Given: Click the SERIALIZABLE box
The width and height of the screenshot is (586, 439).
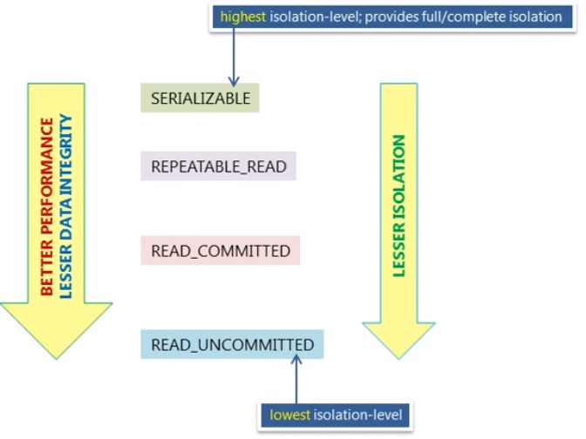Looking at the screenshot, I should [x=201, y=98].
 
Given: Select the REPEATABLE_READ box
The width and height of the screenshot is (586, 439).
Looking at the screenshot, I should [x=219, y=165].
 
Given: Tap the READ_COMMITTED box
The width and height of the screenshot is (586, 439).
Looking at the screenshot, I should [x=221, y=251].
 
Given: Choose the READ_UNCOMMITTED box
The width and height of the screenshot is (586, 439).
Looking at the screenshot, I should [x=233, y=345].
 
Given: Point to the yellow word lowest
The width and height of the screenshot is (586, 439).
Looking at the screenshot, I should [x=290, y=415].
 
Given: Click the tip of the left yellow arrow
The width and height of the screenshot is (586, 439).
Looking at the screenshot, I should [x=57, y=355].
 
